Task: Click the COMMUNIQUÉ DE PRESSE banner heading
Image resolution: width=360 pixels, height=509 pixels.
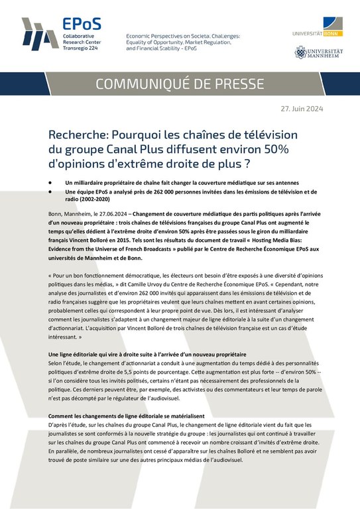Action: (x=180, y=84)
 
